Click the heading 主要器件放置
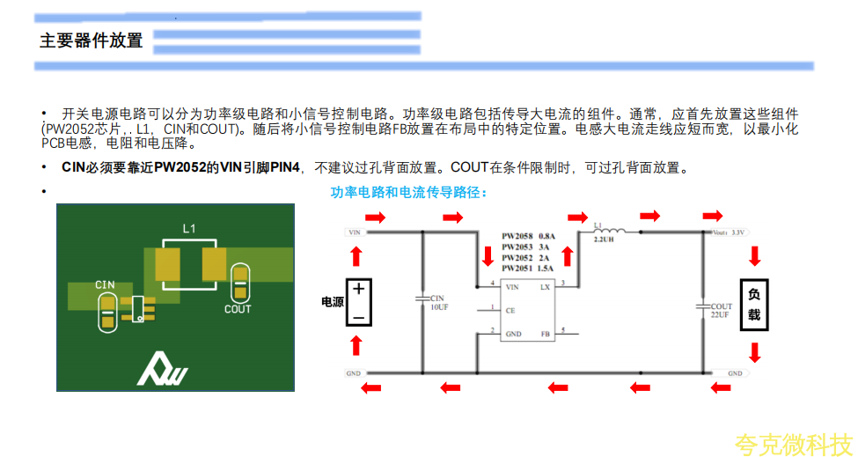click(x=91, y=41)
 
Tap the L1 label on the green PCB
click(x=189, y=229)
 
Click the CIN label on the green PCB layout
click(x=106, y=285)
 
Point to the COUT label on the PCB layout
click(x=238, y=309)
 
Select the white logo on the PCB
click(x=163, y=369)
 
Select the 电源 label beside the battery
click(x=333, y=302)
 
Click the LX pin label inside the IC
click(x=545, y=287)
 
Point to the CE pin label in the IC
click(x=510, y=311)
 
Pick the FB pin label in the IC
click(x=545, y=335)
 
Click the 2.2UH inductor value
click(x=604, y=240)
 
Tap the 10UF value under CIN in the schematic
click(x=439, y=309)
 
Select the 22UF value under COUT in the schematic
click(x=720, y=315)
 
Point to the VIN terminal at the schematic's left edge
click(x=356, y=232)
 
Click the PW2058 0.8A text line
click(x=528, y=237)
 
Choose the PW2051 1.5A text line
click(x=528, y=268)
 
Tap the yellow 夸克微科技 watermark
click(x=794, y=443)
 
